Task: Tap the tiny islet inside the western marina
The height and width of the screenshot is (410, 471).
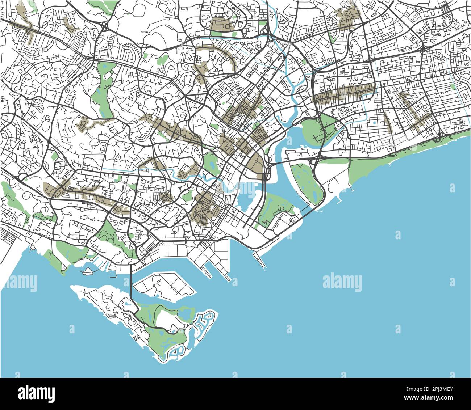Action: tap(87, 271)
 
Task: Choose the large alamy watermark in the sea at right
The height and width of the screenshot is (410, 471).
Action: tap(342, 282)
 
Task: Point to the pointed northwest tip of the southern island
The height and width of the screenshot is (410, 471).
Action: tap(72, 287)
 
